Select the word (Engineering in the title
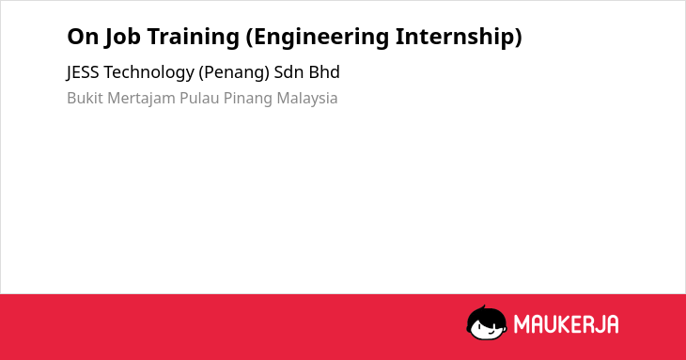pos(318,38)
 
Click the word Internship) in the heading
pos(459,38)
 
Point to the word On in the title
pos(83,37)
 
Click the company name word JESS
pos(83,72)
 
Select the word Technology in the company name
pos(148,73)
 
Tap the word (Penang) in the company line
pos(234,73)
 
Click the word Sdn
pos(288,72)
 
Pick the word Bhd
pos(324,72)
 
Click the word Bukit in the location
pos(85,98)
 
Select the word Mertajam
pos(141,99)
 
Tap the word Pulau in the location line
pos(199,98)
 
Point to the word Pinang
pos(248,99)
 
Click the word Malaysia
pos(307,99)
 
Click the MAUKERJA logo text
pos(566,324)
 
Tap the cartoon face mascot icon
pos(487,323)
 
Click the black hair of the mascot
pos(486,315)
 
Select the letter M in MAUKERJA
pos(522,324)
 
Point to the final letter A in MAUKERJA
pos(613,324)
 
